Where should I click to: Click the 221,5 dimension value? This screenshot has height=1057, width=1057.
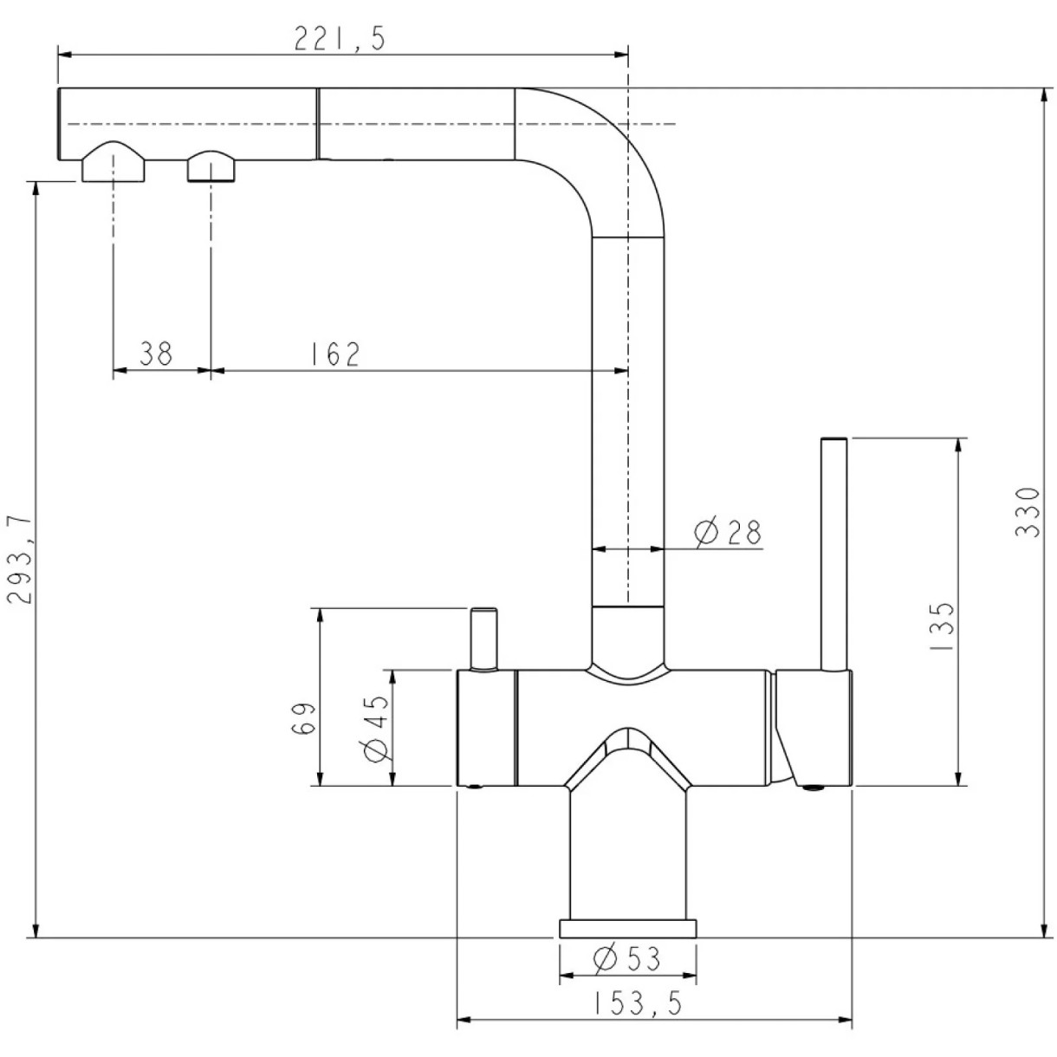click(340, 38)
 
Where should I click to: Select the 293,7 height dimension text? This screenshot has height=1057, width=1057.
click(19, 560)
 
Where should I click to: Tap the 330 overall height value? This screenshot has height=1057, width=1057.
click(1027, 512)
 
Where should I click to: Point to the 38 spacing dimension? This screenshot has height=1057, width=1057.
click(156, 353)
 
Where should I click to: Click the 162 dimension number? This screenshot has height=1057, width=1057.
click(334, 353)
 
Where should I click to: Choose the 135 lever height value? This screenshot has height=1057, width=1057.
click(942, 627)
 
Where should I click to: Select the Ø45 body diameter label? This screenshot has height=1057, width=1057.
click(375, 728)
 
